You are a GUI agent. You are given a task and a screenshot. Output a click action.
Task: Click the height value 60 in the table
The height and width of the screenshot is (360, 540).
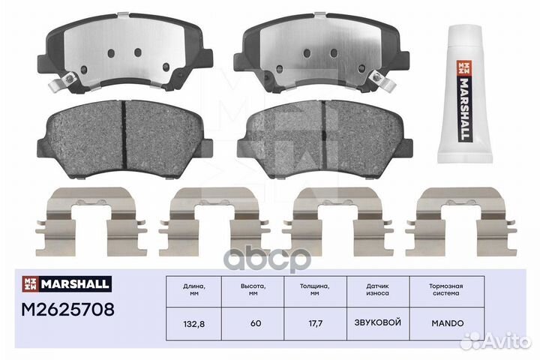click(x=256, y=322)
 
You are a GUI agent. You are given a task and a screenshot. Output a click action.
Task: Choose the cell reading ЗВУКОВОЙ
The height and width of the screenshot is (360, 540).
click(x=378, y=322)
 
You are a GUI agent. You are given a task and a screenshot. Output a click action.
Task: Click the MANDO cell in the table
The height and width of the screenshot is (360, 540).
click(x=448, y=322)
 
